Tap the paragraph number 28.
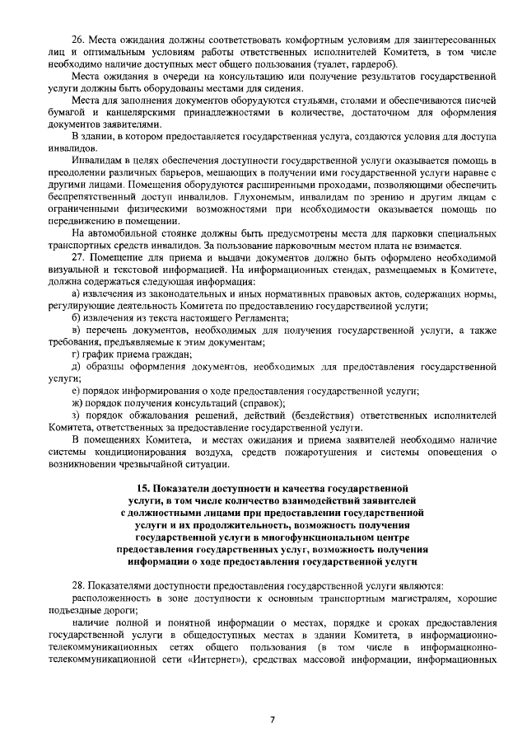click(x=79, y=584)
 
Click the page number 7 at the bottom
click(x=272, y=719)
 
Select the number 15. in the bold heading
click(x=145, y=489)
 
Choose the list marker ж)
click(x=77, y=403)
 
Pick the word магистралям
click(x=411, y=596)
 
